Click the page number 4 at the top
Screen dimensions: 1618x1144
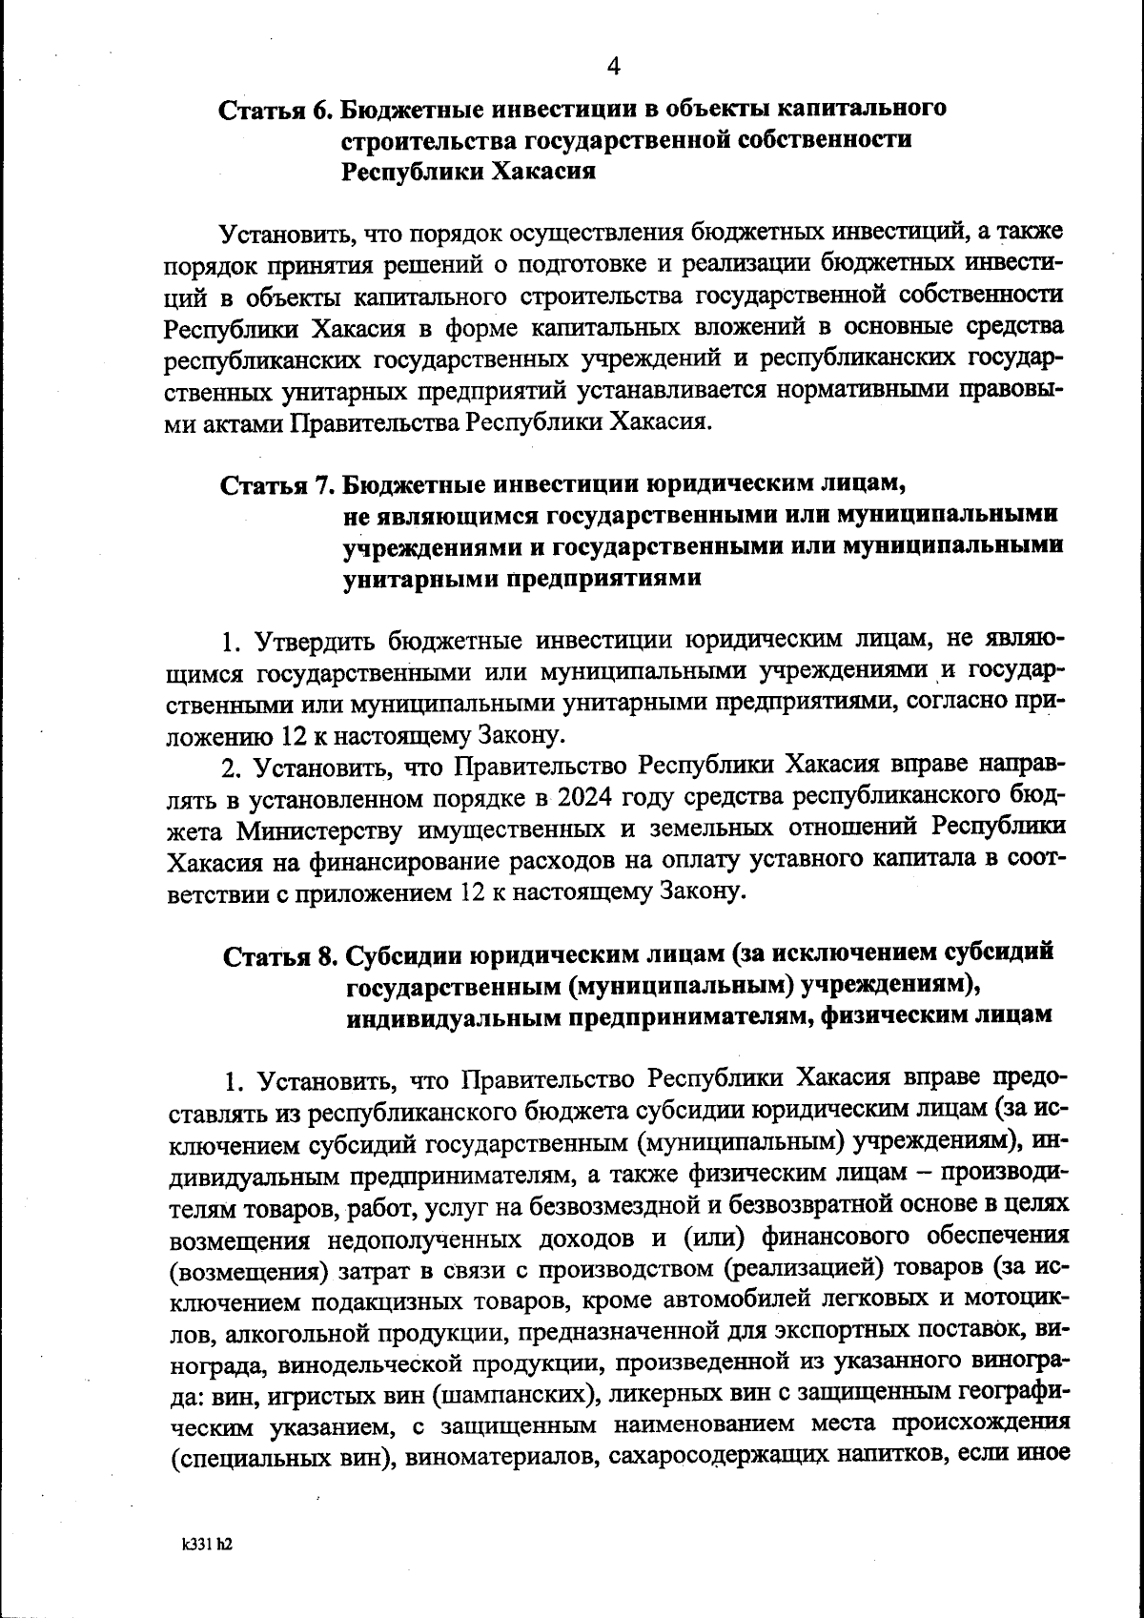613,66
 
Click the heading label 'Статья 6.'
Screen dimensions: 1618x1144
276,110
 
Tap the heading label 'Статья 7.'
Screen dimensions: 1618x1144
276,485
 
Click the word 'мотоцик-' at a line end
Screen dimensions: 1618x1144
1009,1301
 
